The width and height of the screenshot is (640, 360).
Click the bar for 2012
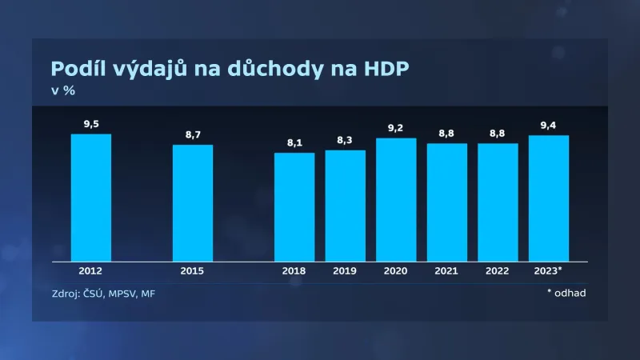point(91,198)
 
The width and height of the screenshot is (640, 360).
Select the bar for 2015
point(193,203)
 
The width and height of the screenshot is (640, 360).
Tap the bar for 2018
point(294,207)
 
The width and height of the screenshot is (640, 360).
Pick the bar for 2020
point(396,200)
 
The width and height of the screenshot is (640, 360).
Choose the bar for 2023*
point(549,198)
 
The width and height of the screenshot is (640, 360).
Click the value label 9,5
point(91,124)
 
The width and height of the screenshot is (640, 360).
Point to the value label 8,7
point(193,135)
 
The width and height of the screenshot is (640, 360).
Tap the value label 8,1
point(294,143)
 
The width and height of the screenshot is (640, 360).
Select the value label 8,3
point(345,141)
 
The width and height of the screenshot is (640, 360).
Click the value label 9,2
point(396,128)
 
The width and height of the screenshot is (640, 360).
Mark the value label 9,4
point(549,126)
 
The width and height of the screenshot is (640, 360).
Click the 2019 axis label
point(345,271)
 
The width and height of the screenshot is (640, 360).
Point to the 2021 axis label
point(446,271)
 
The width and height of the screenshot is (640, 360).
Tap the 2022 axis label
point(498,271)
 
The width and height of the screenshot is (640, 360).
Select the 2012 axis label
point(91,271)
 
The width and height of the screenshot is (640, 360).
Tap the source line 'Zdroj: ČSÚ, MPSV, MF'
point(102,294)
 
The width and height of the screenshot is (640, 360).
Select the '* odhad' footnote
point(566,293)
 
